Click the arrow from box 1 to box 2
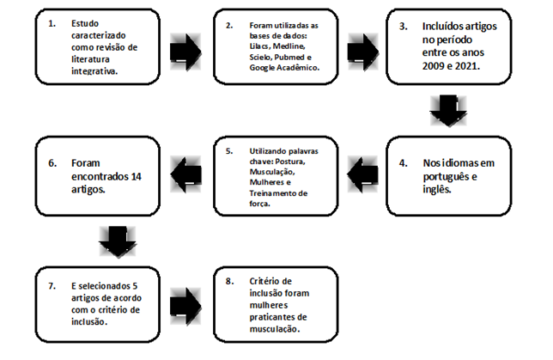(185, 52)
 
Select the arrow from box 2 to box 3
(363, 52)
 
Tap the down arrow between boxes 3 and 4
(448, 111)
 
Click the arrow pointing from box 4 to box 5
(362, 174)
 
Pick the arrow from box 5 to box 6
(185, 174)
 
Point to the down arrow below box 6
(118, 242)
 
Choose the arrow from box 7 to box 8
(185, 307)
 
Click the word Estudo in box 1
(85, 24)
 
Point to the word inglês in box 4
(437, 190)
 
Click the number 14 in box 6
(137, 176)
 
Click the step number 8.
(229, 281)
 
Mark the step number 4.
(403, 163)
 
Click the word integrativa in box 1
(94, 71)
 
